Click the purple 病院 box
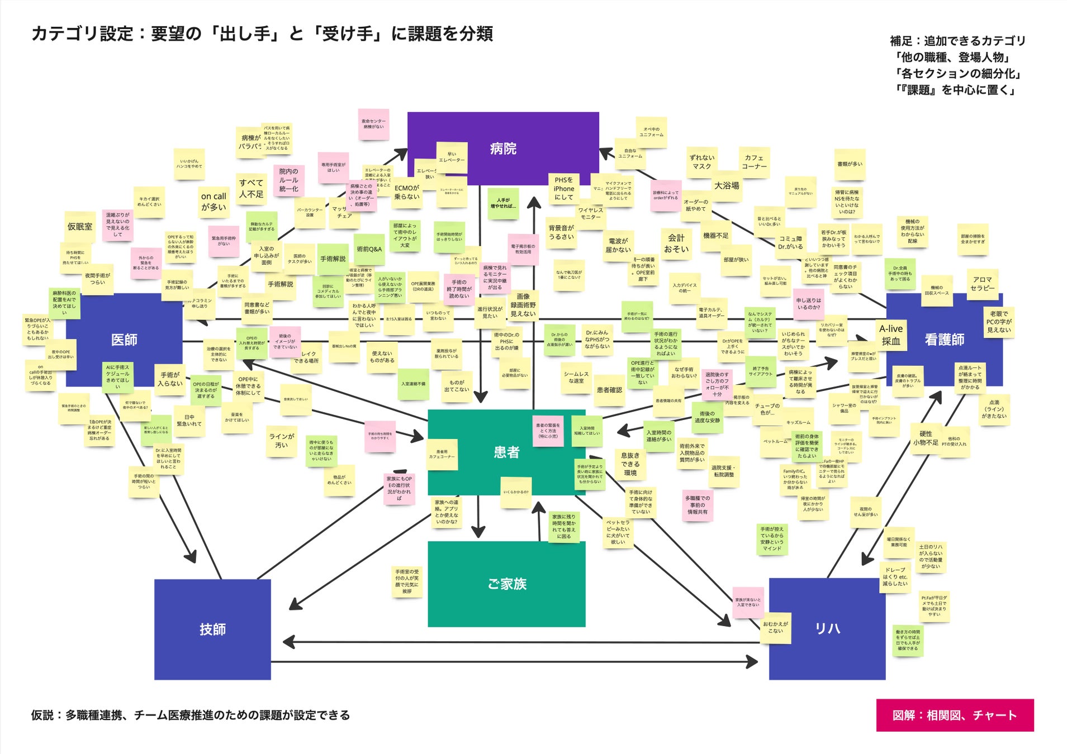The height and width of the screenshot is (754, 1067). (x=502, y=149)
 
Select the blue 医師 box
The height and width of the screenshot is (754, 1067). (x=124, y=340)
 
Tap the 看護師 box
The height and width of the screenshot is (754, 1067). (x=944, y=340)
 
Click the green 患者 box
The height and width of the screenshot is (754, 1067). (x=506, y=452)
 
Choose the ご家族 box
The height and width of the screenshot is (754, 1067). (x=506, y=584)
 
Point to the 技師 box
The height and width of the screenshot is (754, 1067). (x=212, y=629)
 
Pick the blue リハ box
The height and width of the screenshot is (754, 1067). (x=827, y=629)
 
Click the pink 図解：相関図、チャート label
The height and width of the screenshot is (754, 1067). (x=955, y=715)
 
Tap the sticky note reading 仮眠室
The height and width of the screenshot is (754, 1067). (x=80, y=227)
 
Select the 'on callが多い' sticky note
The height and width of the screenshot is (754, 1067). (x=214, y=202)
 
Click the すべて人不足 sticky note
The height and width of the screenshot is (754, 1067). (x=251, y=189)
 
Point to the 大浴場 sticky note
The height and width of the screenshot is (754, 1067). (x=727, y=185)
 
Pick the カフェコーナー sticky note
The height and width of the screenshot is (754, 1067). (x=754, y=162)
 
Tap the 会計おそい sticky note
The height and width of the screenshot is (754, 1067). (x=676, y=244)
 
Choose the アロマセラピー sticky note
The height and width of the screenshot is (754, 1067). (x=982, y=284)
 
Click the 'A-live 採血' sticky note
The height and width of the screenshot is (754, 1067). (x=891, y=335)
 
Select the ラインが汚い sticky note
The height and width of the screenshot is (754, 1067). (x=281, y=441)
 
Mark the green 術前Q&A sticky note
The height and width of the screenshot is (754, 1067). (x=369, y=249)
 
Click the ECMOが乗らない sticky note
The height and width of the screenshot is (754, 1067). (x=406, y=192)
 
